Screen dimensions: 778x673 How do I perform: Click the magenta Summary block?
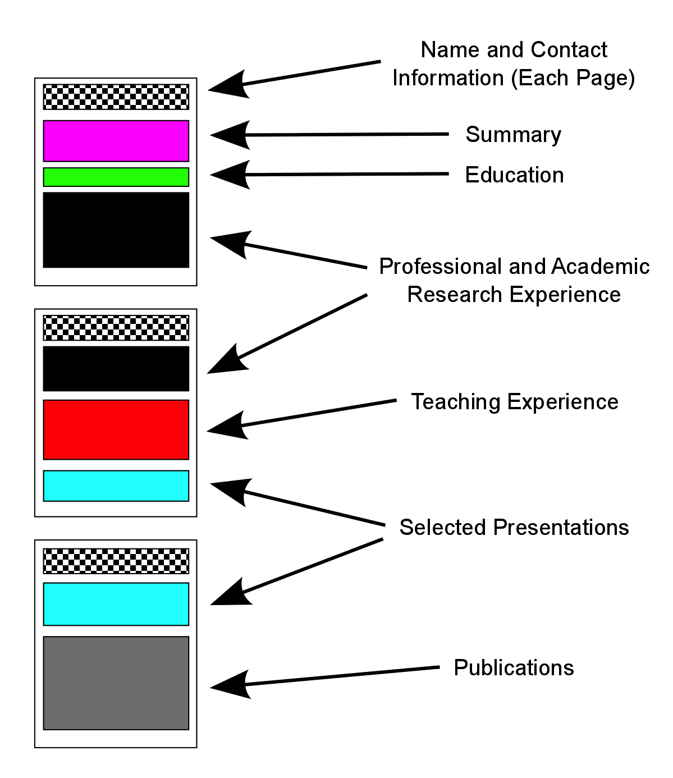[116, 141]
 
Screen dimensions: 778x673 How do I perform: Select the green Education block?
[116, 177]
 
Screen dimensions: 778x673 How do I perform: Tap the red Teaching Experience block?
[116, 429]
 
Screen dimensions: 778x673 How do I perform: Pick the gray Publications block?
[116, 683]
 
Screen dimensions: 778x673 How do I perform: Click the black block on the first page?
[116, 230]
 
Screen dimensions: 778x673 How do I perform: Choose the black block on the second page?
[116, 369]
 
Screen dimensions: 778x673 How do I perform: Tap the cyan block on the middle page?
[116, 486]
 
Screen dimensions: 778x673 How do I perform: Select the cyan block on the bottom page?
[116, 604]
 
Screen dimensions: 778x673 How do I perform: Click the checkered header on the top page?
[116, 97]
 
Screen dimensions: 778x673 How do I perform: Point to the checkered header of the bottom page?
[116, 561]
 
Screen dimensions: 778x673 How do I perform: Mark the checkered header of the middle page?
[116, 328]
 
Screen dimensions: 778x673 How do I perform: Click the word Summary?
[513, 135]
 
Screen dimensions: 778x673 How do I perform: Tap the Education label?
[514, 175]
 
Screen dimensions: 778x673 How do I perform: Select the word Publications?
[514, 668]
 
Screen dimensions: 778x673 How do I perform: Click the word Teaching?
[456, 402]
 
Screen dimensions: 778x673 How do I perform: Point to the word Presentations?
[561, 528]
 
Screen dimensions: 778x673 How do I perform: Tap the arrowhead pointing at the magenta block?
[227, 135]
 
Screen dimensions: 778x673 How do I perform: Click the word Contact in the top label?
[569, 50]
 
